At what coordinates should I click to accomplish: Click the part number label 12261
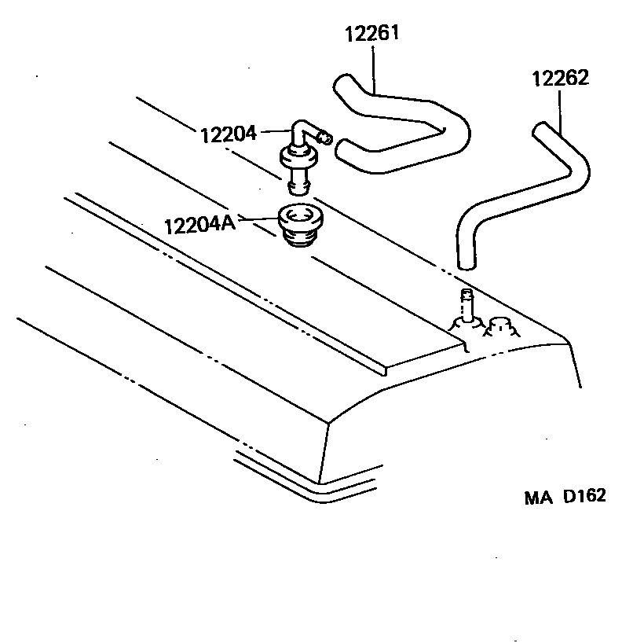(x=373, y=34)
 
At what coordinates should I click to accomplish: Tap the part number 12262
(x=560, y=79)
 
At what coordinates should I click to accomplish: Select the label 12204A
(x=199, y=225)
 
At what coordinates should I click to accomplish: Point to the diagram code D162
(x=584, y=497)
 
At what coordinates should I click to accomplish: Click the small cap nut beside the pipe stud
(x=499, y=325)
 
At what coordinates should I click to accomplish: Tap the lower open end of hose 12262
(x=465, y=262)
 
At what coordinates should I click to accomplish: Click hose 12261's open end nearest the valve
(x=342, y=149)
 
